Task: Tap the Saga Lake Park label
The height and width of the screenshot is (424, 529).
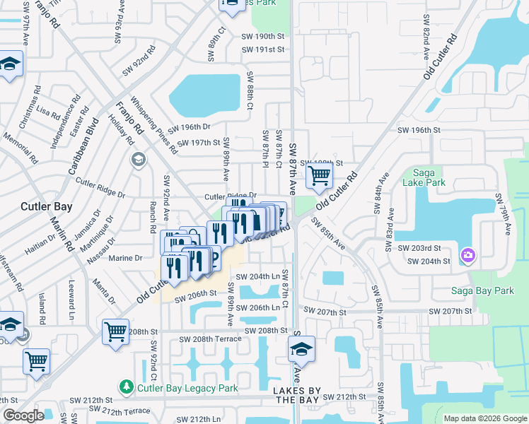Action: click(x=424, y=177)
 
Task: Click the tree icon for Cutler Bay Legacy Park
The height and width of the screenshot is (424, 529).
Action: click(x=126, y=387)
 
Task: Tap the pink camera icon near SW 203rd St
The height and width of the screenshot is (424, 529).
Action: click(x=467, y=254)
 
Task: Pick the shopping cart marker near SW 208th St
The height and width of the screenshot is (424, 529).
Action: click(x=115, y=331)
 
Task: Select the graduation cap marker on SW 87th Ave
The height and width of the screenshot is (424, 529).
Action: click(x=301, y=348)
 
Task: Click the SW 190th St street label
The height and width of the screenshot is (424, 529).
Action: click(x=262, y=36)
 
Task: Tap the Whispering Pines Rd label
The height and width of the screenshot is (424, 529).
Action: click(x=154, y=126)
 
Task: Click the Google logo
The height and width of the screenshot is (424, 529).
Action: click(x=23, y=416)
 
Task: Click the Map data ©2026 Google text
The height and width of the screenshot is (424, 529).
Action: click(x=484, y=418)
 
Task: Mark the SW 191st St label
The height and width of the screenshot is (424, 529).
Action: click(x=262, y=50)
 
